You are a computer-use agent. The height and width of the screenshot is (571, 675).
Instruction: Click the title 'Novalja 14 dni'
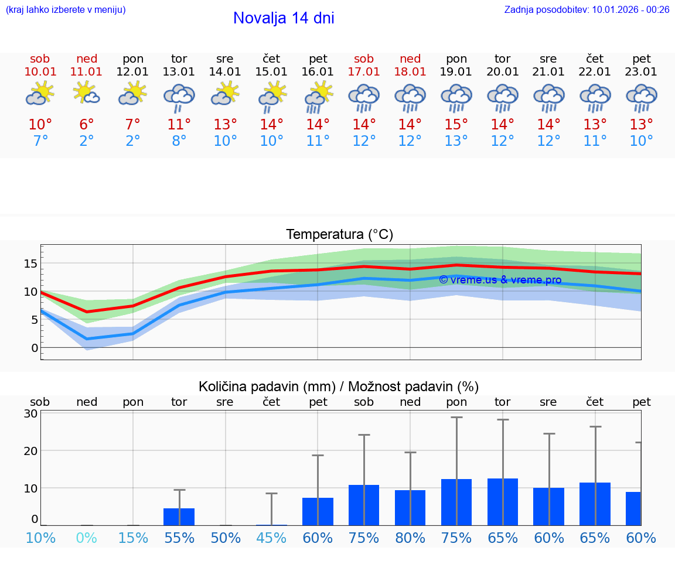(x=284, y=18)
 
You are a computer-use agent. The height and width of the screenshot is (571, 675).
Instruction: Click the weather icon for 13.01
(x=179, y=97)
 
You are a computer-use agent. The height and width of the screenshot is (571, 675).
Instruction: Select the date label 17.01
(x=364, y=72)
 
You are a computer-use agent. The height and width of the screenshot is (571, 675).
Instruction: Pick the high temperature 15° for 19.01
(x=456, y=125)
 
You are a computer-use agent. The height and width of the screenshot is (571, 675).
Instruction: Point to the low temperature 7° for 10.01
(x=40, y=141)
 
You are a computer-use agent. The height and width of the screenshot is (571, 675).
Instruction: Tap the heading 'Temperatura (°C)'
(x=339, y=235)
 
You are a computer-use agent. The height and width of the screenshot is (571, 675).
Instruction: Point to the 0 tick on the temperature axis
(x=34, y=348)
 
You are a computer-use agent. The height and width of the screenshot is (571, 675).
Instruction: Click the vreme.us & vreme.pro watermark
(x=500, y=280)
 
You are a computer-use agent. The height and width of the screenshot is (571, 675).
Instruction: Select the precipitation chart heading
(x=339, y=387)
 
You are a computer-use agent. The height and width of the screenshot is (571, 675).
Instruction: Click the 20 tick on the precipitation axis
(x=30, y=451)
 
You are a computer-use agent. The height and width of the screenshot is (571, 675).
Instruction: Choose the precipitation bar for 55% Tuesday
(x=179, y=517)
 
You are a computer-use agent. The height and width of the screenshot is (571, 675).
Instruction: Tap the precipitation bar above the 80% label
(x=410, y=507)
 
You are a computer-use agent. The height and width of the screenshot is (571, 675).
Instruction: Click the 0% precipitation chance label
(x=86, y=538)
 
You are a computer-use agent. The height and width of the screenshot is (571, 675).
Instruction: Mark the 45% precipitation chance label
(x=271, y=538)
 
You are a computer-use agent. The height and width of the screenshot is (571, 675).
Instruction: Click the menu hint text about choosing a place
(x=65, y=9)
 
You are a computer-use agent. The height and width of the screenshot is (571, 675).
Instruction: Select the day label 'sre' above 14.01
(x=224, y=59)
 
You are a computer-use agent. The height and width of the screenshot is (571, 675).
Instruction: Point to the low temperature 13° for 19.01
(x=456, y=141)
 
